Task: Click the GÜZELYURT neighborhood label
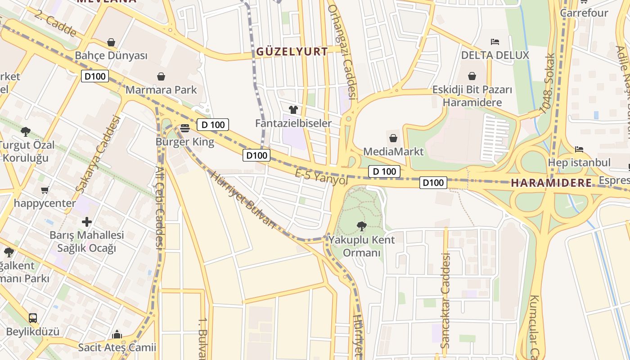click(292, 52)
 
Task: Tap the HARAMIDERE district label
click(551, 183)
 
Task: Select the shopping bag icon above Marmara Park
click(161, 76)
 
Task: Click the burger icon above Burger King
click(184, 129)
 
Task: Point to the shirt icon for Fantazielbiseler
click(293, 109)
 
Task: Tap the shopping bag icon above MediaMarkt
click(393, 138)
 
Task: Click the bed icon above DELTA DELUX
click(495, 42)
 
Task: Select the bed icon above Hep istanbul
click(579, 149)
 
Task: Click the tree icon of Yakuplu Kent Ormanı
click(361, 226)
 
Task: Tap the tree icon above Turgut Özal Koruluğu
click(26, 131)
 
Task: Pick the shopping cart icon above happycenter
click(45, 190)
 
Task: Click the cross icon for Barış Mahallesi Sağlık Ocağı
click(87, 221)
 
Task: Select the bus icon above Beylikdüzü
click(33, 318)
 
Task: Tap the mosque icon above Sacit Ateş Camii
click(117, 334)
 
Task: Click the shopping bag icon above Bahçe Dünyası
click(111, 42)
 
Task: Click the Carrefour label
click(584, 13)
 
